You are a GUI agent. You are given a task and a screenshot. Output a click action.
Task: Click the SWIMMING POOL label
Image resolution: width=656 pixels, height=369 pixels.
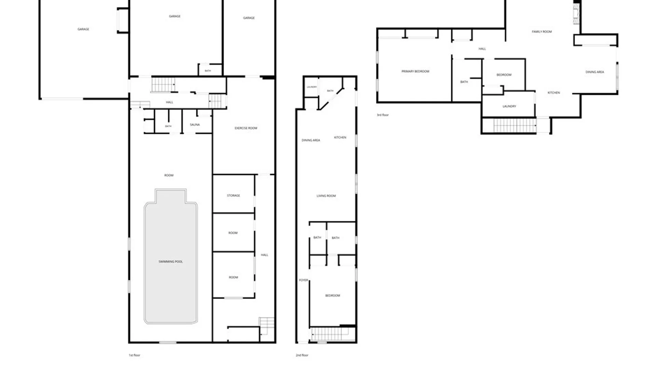[170, 262]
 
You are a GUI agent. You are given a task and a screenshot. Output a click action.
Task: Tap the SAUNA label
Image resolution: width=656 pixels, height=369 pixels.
[195, 125]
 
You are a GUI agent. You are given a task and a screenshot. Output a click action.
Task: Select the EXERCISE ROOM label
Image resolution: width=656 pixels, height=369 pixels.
[246, 128]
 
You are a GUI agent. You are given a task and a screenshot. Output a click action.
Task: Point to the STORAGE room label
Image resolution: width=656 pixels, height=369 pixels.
[233, 195]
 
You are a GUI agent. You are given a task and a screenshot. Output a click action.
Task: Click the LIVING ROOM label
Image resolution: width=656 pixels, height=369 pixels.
[326, 196]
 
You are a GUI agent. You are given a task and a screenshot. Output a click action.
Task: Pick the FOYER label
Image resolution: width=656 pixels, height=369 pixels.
[303, 280]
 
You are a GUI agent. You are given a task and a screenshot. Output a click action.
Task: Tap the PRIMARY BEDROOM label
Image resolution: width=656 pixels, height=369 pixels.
[415, 71]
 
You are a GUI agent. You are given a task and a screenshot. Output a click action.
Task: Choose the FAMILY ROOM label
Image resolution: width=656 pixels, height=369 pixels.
[542, 32]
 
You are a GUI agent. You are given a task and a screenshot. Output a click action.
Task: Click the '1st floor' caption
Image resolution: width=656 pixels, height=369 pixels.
[134, 355]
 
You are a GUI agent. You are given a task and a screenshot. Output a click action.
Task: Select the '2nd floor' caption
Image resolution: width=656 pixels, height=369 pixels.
[302, 355]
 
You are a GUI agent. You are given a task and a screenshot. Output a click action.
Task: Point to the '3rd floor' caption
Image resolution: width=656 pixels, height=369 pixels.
[383, 115]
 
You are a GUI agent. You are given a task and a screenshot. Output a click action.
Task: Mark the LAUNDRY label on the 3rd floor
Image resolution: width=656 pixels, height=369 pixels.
[509, 106]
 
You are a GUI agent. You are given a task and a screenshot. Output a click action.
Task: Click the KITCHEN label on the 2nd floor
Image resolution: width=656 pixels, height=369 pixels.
[340, 137]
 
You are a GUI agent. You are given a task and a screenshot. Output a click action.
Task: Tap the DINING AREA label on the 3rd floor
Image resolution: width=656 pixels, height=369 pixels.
[595, 72]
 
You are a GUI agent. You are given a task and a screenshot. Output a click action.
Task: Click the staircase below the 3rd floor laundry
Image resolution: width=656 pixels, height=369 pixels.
[515, 125]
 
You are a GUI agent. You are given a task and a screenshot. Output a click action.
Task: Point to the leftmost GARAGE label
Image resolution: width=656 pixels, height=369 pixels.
[83, 29]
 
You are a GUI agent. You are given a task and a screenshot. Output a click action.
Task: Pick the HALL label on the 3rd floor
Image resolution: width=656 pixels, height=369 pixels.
[482, 49]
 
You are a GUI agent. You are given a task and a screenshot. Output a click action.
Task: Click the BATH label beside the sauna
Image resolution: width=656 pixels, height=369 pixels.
[168, 126]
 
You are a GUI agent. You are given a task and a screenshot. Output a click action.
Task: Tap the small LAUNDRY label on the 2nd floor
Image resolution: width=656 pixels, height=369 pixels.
[312, 87]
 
